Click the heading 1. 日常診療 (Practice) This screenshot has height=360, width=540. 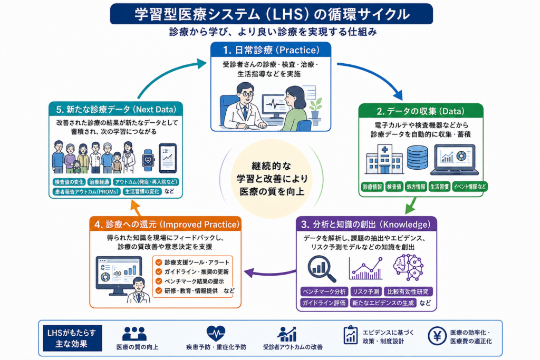(x=271, y=50)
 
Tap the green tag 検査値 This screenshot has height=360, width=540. (x=394, y=187)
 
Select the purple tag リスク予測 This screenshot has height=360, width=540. (x=366, y=291)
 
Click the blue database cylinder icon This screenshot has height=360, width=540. (x=418, y=157)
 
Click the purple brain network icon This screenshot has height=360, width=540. (x=408, y=267)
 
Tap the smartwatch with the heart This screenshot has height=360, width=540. (x=148, y=160)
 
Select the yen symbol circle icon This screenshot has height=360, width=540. (x=437, y=336)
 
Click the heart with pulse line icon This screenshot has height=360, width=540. (x=216, y=333)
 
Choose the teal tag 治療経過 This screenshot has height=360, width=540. (x=99, y=182)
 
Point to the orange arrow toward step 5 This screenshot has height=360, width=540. (x=136, y=209)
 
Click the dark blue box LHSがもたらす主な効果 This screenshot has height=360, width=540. (x=72, y=338)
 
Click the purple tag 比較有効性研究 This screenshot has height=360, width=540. (x=408, y=291)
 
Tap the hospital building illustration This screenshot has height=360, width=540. (x=384, y=159)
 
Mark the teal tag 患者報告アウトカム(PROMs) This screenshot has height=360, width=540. (x=86, y=192)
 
